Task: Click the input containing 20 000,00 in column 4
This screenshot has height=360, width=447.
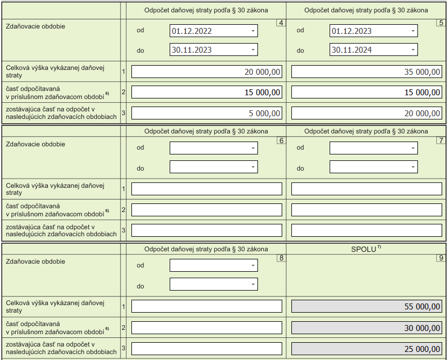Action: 207,72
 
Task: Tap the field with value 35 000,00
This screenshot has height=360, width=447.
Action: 367,72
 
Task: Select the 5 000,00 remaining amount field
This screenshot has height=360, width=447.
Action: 207,113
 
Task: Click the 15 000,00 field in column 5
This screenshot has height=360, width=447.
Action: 367,92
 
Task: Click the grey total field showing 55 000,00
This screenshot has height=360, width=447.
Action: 367,306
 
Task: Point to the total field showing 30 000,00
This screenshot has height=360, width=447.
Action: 367,328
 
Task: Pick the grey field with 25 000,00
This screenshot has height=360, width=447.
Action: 367,349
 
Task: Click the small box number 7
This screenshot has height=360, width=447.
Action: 441,140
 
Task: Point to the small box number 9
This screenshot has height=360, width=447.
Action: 441,258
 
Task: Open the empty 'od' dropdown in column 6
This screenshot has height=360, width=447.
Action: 213,148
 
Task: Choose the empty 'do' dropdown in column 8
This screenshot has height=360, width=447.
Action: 213,284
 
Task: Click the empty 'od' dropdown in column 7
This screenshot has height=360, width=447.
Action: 373,148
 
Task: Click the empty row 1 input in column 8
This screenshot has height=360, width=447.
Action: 207,306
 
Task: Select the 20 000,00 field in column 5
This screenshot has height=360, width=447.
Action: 367,113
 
